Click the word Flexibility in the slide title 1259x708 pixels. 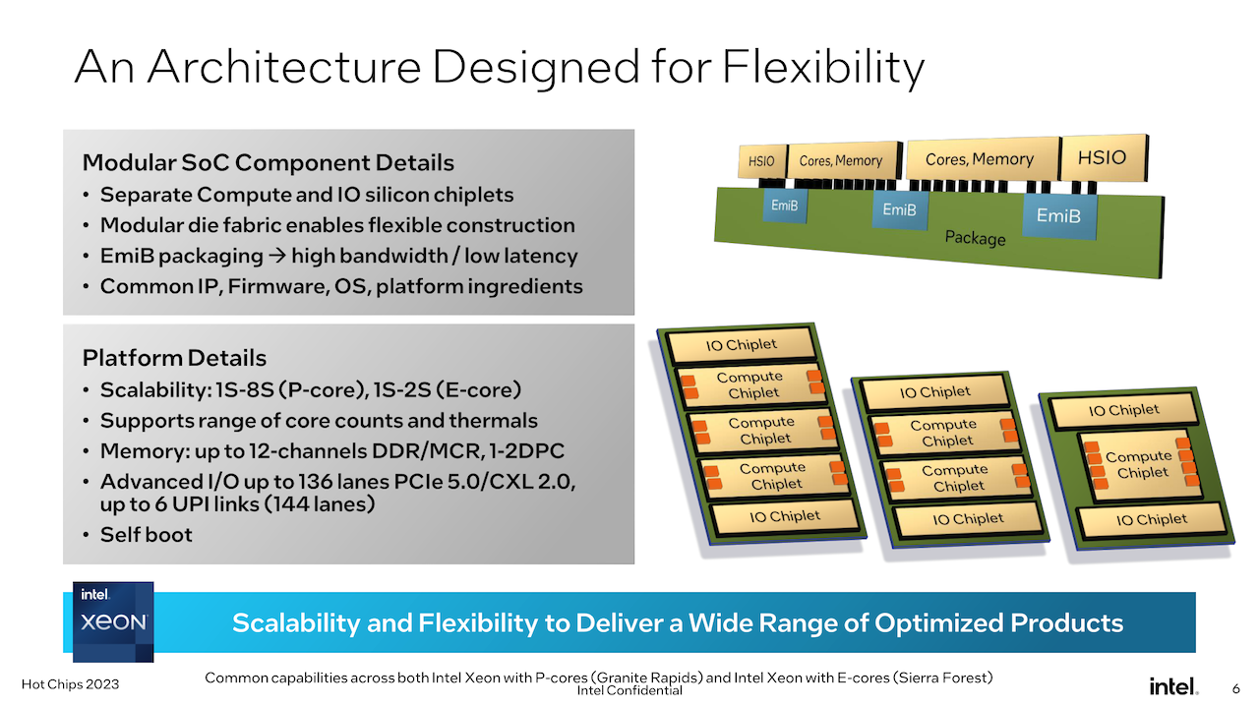[x=823, y=68]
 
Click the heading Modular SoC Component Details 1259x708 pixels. [x=269, y=162]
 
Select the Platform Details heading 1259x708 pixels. [x=174, y=358]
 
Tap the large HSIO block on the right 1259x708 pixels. [x=1103, y=158]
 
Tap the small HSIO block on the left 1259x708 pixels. [x=761, y=162]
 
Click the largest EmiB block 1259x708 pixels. [x=1059, y=215]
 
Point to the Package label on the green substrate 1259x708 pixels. [x=975, y=238]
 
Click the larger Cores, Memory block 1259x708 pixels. [x=981, y=159]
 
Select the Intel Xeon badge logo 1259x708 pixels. [x=113, y=621]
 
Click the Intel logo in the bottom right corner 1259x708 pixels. [x=1173, y=686]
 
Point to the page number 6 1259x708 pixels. [x=1236, y=688]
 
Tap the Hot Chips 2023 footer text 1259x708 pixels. [x=70, y=684]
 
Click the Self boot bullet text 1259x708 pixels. [x=147, y=535]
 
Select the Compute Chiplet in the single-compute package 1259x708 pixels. [x=1140, y=465]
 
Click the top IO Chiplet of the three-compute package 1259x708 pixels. [x=741, y=344]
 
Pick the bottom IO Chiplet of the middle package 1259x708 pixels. [x=968, y=518]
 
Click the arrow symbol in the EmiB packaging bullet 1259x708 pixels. [x=277, y=257]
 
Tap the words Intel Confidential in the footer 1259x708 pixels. [x=629, y=690]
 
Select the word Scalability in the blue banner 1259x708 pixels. [x=296, y=623]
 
